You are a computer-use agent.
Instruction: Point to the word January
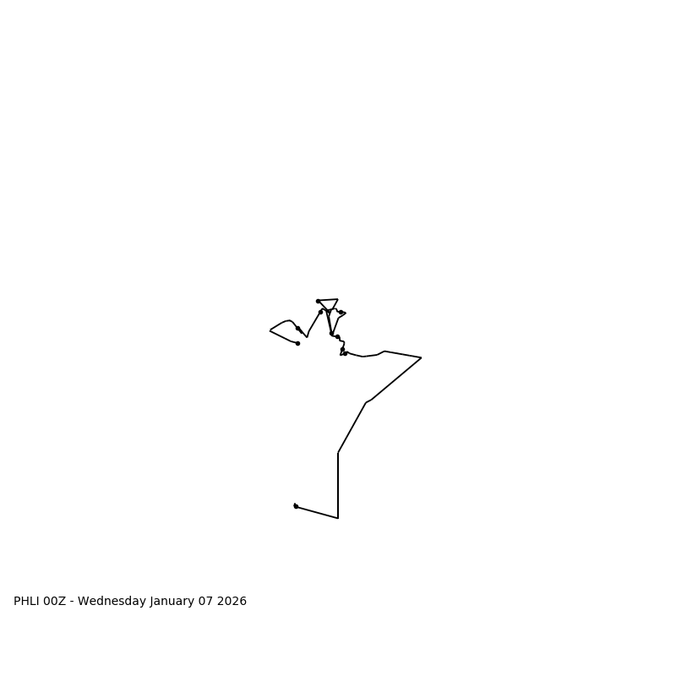(x=174, y=602)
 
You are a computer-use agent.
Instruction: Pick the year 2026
(x=233, y=602)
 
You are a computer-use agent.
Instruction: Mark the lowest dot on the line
(x=296, y=506)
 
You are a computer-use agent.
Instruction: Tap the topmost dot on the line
(x=318, y=301)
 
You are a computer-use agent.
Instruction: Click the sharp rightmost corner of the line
(x=421, y=358)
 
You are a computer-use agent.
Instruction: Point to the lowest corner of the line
(x=338, y=518)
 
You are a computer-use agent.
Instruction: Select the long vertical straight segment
(x=338, y=486)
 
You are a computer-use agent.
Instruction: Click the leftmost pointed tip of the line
(x=270, y=330)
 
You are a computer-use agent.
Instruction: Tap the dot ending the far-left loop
(x=297, y=343)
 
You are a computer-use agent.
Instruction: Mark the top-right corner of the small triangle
(x=338, y=299)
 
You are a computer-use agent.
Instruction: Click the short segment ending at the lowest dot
(x=317, y=512)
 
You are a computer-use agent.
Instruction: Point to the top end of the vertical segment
(x=338, y=453)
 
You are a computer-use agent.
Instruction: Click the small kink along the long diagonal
(x=368, y=401)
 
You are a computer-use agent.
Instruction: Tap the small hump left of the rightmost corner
(x=384, y=352)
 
